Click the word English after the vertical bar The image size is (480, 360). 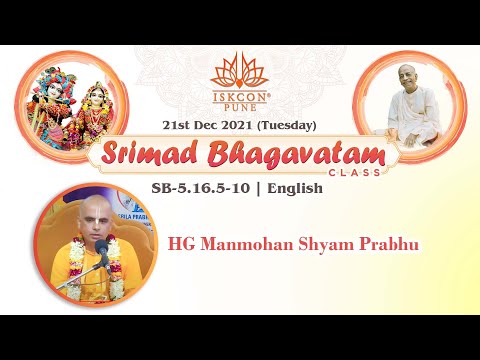[295, 188]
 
